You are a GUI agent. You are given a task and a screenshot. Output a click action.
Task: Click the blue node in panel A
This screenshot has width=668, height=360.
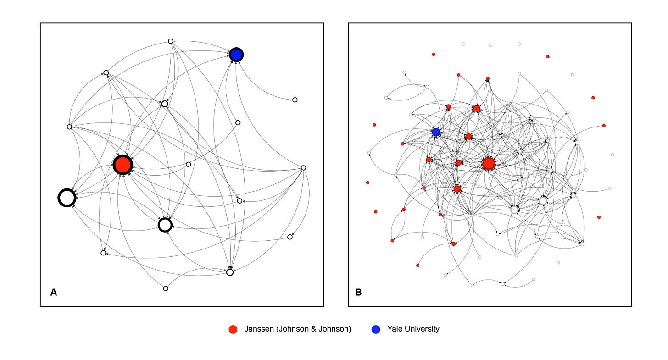236,55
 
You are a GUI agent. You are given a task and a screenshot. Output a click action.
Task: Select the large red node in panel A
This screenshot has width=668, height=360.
122,164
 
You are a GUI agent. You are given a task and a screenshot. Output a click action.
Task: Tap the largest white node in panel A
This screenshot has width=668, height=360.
67,198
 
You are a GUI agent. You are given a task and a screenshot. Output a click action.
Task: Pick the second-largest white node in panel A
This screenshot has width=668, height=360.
165,225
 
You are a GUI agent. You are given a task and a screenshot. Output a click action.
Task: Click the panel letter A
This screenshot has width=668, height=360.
54,292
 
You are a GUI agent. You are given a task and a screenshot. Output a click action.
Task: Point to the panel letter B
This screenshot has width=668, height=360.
358,292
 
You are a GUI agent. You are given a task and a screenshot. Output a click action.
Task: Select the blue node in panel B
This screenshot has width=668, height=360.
436,132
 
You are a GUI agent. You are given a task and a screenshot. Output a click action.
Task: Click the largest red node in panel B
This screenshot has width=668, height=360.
489,163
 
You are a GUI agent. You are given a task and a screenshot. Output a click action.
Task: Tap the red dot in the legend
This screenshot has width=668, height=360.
233,329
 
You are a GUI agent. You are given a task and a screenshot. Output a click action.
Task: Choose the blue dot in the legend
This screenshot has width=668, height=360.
376,329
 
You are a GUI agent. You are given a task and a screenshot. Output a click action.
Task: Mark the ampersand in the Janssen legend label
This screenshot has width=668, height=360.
312,329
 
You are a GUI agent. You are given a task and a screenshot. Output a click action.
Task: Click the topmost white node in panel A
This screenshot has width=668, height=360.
171,41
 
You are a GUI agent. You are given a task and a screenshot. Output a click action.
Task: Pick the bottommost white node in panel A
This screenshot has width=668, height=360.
166,288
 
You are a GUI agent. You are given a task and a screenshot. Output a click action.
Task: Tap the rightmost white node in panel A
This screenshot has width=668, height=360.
303,168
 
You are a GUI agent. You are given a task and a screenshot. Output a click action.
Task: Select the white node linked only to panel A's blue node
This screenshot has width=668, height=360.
295,100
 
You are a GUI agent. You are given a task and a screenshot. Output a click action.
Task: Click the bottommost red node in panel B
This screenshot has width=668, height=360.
418,265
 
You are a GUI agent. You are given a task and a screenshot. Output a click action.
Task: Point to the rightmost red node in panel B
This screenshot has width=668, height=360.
604,126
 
